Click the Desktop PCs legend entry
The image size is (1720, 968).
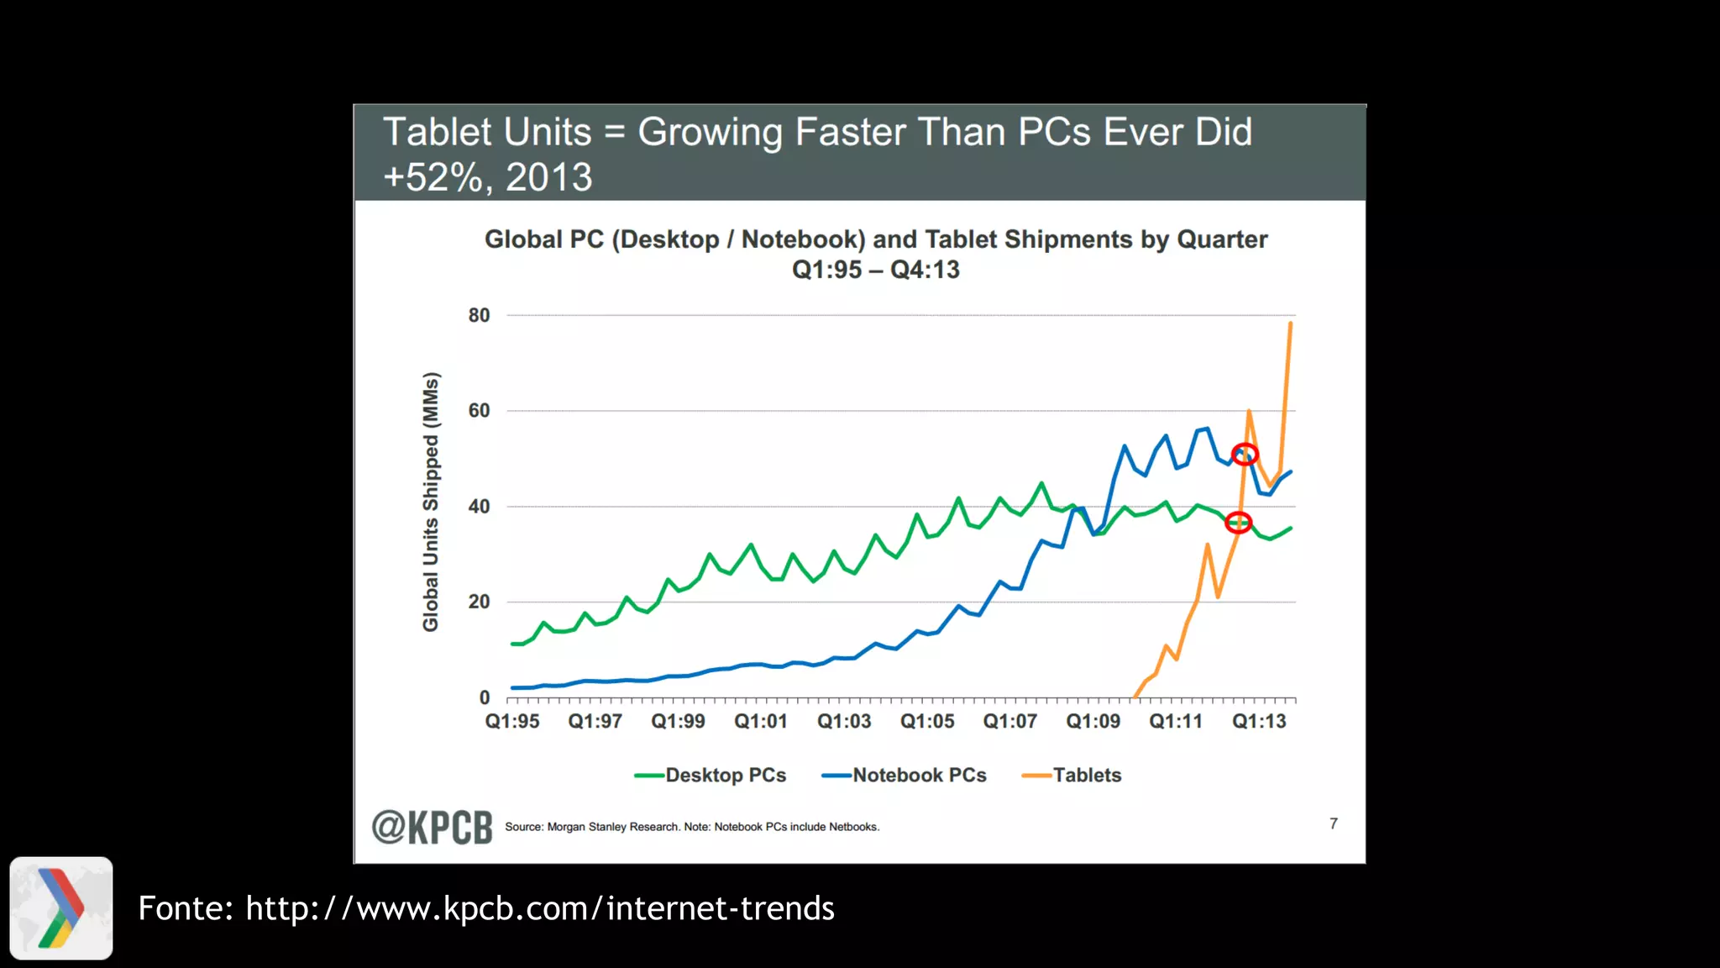click(x=711, y=776)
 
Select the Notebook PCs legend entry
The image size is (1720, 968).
click(x=905, y=776)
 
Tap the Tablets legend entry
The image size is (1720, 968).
click(x=1072, y=776)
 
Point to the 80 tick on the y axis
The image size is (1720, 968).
click(x=479, y=315)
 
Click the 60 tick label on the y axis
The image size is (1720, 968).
click(x=479, y=411)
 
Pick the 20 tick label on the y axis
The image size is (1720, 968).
click(x=479, y=602)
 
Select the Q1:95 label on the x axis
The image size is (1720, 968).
click(x=512, y=721)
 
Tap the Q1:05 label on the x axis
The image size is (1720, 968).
click(x=927, y=721)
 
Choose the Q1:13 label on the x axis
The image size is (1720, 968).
click(x=1259, y=721)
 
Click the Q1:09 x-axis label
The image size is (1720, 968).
click(x=1093, y=721)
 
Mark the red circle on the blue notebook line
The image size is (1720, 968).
click(x=1245, y=455)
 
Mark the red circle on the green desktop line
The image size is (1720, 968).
click(x=1239, y=523)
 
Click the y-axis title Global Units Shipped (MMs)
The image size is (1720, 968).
click(x=431, y=502)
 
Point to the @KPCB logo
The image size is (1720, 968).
click(x=432, y=827)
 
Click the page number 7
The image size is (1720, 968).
click(x=1334, y=823)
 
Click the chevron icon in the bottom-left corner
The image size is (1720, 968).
click(x=61, y=908)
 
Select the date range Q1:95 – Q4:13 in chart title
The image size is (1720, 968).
click(x=875, y=270)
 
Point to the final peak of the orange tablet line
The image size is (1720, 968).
click(x=1290, y=323)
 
